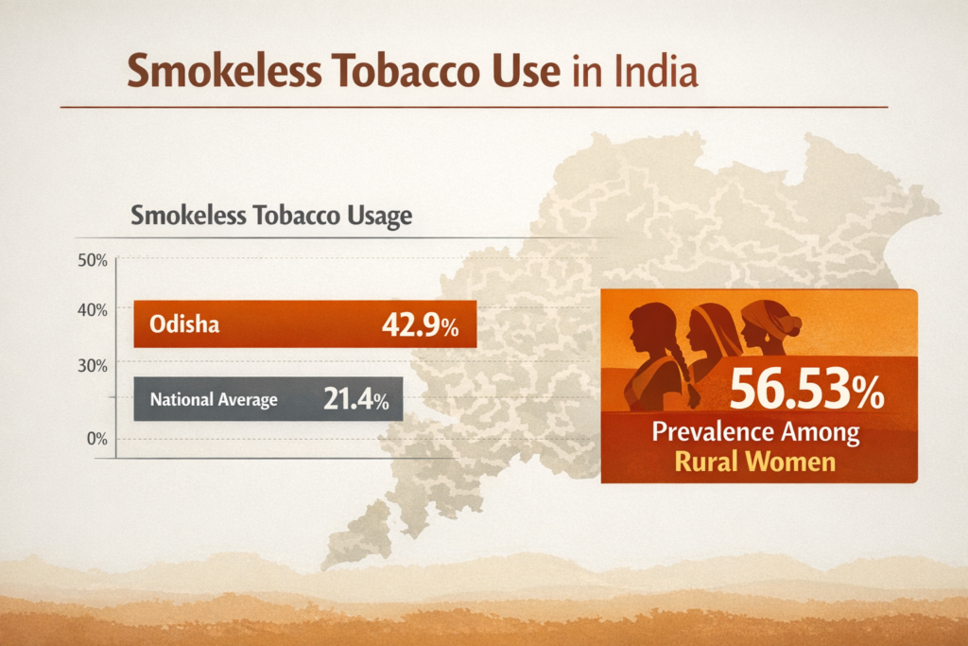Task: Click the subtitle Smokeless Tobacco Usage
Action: pos(271,216)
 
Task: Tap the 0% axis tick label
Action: pos(95,439)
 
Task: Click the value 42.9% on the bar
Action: pos(420,325)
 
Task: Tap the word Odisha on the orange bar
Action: pos(184,325)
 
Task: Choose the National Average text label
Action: pos(213,400)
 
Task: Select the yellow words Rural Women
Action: pos(756,462)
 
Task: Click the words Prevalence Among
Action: pos(756,433)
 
